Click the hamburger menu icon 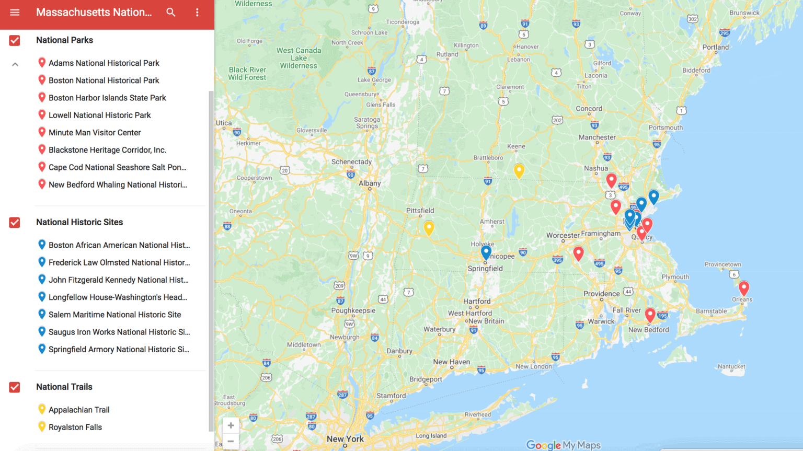tap(15, 13)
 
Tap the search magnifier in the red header tap(171, 13)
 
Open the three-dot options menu tap(197, 13)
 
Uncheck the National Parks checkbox tap(15, 40)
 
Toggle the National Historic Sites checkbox tap(15, 223)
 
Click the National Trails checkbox tap(15, 387)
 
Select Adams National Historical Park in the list tap(104, 63)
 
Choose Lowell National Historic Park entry tap(99, 115)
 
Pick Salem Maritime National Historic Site tap(114, 315)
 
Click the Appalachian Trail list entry tap(79, 410)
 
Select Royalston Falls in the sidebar tap(75, 427)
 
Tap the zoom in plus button tap(231, 425)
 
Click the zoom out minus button tap(231, 442)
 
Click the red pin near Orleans tap(743, 287)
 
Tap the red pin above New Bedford tap(650, 315)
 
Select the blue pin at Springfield tap(486, 252)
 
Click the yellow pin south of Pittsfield tap(429, 227)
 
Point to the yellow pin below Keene tap(519, 170)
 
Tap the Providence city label tap(601, 294)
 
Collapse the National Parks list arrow tap(15, 64)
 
